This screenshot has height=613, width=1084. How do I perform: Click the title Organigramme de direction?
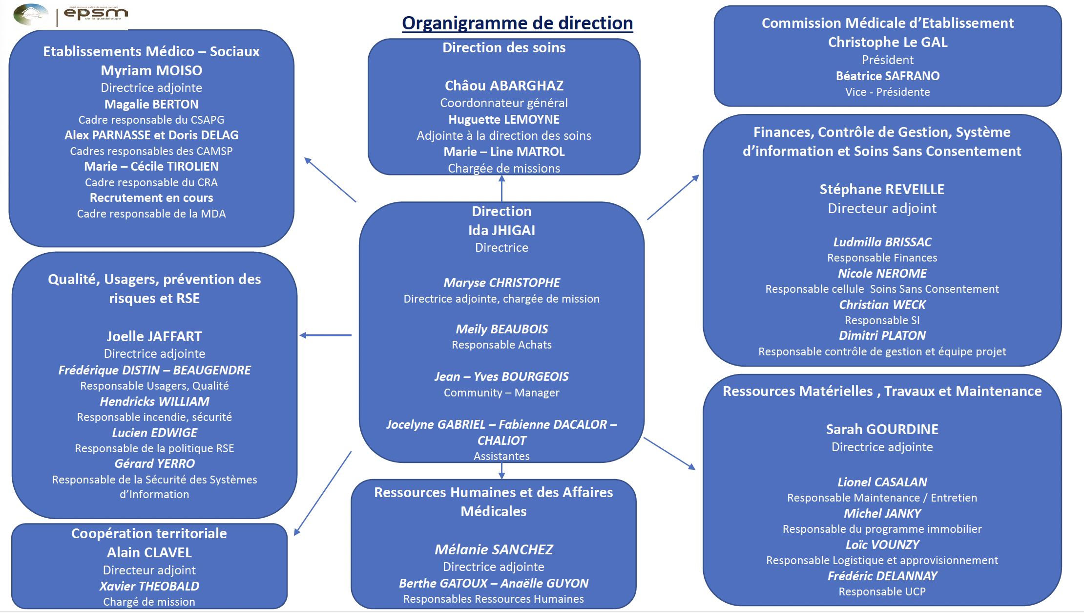pos(517,23)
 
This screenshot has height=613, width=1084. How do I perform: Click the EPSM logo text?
pos(96,14)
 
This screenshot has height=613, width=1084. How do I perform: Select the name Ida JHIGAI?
pos(501,230)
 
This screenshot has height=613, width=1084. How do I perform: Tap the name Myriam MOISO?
pos(151,70)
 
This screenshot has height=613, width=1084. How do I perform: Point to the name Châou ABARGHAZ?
pos(504,86)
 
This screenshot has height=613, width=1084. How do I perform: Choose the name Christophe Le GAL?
pos(887,42)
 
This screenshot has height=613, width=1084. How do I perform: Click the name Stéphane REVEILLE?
pos(882,189)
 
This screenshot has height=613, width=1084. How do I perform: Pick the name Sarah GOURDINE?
pos(882,429)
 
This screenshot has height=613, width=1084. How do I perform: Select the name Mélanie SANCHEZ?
pos(494,549)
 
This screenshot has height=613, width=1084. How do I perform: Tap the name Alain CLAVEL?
pos(149,552)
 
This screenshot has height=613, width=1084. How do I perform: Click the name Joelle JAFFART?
pos(154,336)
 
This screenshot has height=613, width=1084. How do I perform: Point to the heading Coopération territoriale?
pos(149,533)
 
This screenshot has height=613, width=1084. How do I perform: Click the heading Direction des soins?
pos(504,47)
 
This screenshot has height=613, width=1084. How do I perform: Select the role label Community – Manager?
pos(501,393)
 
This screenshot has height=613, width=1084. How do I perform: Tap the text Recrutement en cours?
pos(151,198)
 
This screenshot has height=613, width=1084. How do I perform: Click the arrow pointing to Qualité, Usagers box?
pos(325,335)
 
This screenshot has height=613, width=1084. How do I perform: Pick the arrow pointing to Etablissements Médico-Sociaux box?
pos(330,179)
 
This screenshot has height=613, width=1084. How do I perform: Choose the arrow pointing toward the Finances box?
pos(673,197)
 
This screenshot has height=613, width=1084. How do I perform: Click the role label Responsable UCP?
pos(882,591)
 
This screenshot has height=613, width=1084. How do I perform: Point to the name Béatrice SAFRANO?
pos(887,76)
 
